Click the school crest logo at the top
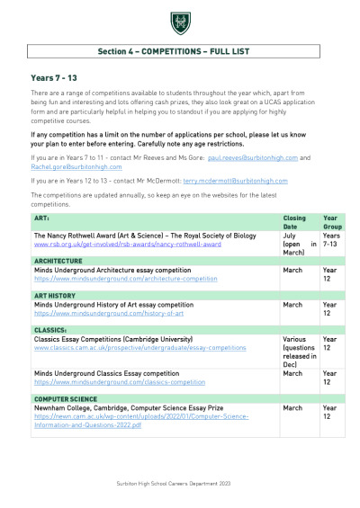tap(179, 22)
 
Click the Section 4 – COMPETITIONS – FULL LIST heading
tap(179, 52)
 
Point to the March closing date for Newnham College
tap(292, 407)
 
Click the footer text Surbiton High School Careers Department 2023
tap(179, 483)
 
